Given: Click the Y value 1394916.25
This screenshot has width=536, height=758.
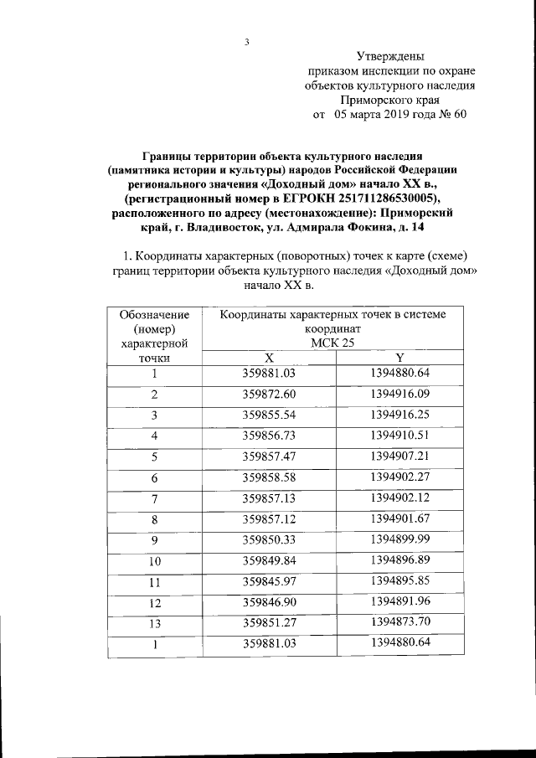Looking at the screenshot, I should (399, 414).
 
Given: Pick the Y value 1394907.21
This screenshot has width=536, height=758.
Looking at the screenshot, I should (399, 456).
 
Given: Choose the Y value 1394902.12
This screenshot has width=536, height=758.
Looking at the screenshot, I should (399, 498).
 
